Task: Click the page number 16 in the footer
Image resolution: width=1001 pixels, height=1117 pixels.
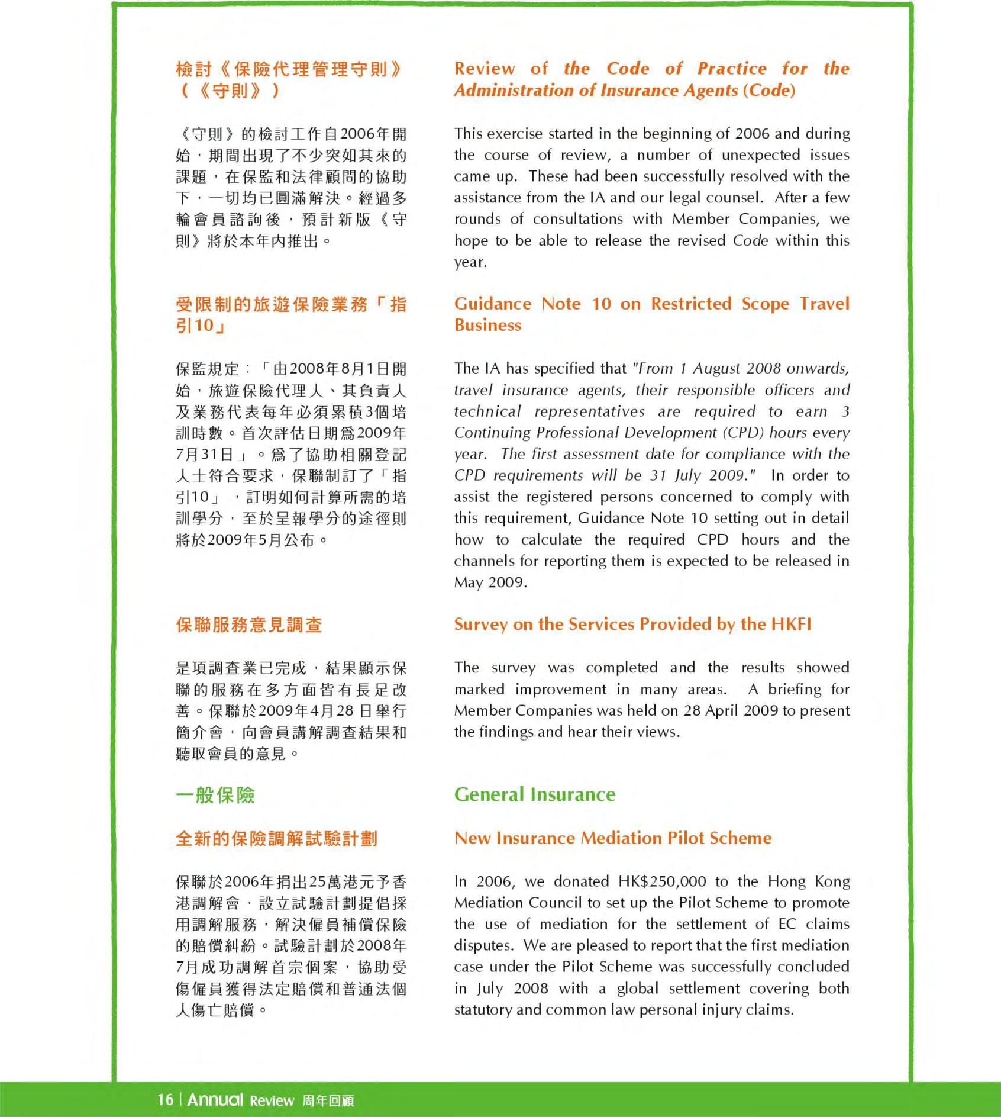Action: tap(165, 1099)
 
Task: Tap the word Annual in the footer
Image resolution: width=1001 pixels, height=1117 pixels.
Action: tap(215, 1099)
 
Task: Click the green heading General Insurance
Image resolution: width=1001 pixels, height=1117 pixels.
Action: tap(535, 794)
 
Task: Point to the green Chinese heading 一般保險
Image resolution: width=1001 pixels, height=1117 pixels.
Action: tap(215, 794)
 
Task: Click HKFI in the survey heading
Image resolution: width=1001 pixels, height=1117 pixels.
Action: tap(791, 624)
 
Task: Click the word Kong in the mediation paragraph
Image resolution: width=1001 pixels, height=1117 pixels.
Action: tap(832, 881)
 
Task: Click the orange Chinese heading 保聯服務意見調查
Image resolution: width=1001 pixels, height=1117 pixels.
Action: tap(249, 625)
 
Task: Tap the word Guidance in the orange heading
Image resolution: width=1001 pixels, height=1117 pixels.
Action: tap(493, 304)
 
